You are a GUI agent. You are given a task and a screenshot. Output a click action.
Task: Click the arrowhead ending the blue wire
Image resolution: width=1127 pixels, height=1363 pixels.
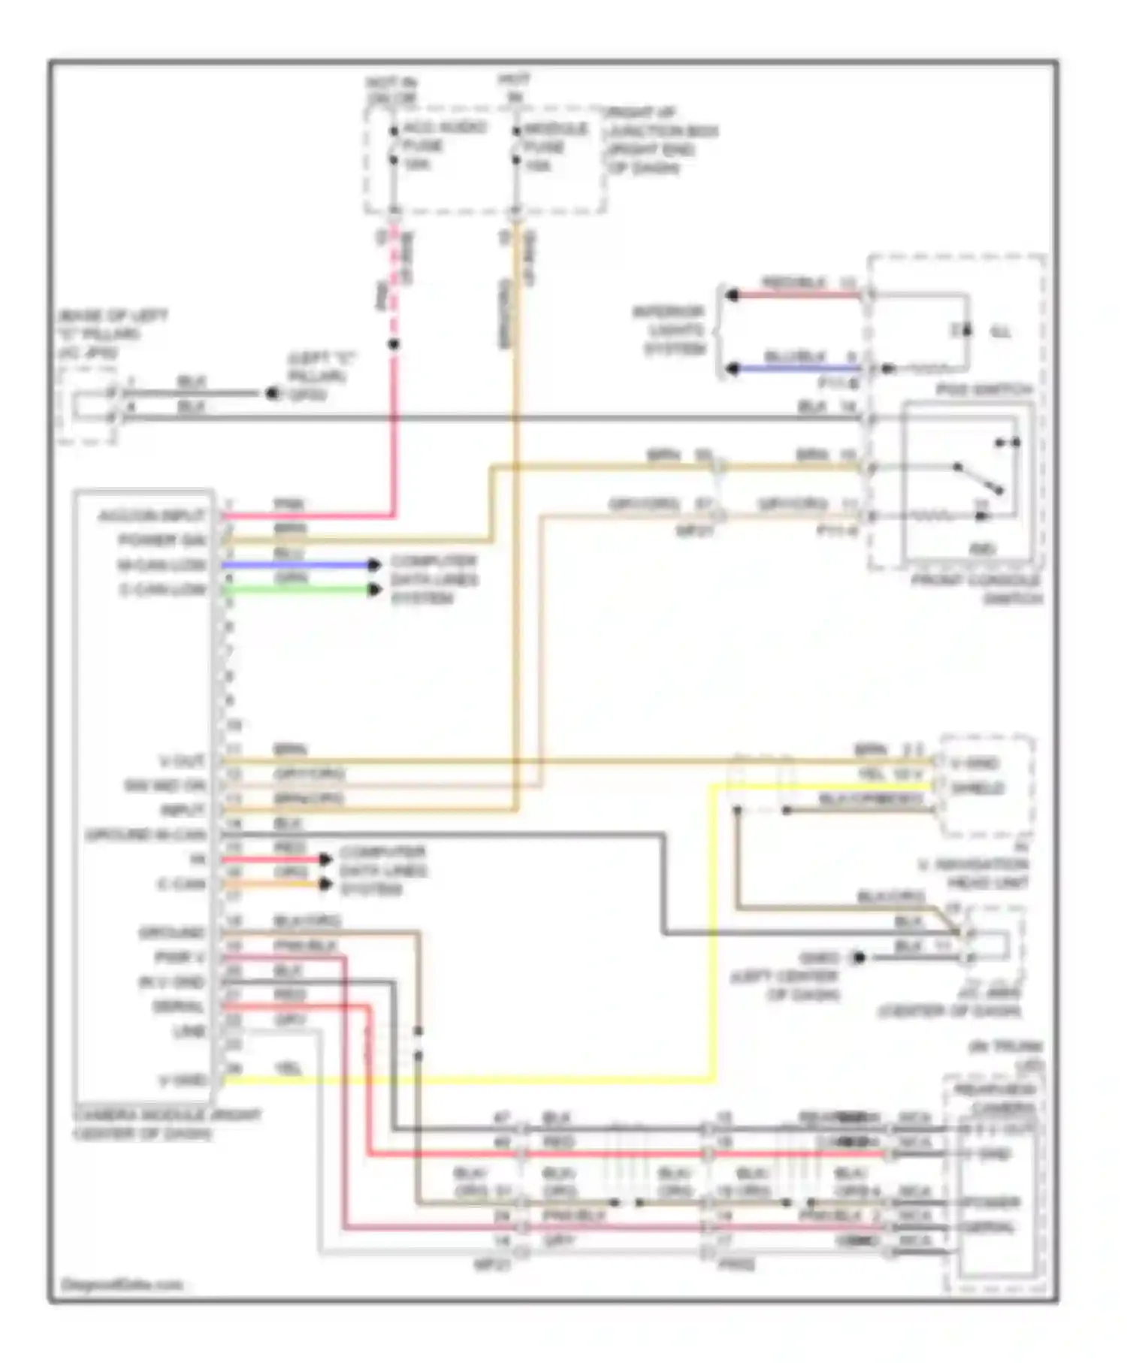point(374,564)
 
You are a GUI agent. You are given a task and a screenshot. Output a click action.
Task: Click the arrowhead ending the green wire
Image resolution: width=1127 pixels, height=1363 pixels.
point(374,589)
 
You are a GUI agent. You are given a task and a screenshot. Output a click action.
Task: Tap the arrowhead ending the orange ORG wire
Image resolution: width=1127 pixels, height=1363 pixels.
point(325,884)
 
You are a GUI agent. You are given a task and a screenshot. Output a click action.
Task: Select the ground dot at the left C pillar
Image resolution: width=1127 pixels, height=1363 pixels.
point(271,393)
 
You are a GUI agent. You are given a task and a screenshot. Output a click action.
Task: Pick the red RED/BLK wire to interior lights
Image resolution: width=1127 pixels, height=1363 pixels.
point(796,295)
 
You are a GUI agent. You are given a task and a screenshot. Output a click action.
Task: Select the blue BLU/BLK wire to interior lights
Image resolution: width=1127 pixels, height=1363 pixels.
point(796,369)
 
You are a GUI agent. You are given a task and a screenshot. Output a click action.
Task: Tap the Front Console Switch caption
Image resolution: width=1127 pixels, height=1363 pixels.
point(976,590)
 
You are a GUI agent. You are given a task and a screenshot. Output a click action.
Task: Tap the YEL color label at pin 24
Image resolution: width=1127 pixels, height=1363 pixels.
point(288,1068)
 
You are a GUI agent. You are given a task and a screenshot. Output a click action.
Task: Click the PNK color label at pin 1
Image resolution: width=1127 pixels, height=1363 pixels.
point(288,504)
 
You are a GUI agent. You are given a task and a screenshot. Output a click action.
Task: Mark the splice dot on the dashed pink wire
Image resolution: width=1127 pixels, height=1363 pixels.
point(393,345)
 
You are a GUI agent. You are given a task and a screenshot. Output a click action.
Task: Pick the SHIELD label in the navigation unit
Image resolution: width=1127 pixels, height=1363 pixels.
point(977,788)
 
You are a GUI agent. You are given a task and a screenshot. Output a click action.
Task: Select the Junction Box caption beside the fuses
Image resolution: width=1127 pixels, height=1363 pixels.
point(661,141)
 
